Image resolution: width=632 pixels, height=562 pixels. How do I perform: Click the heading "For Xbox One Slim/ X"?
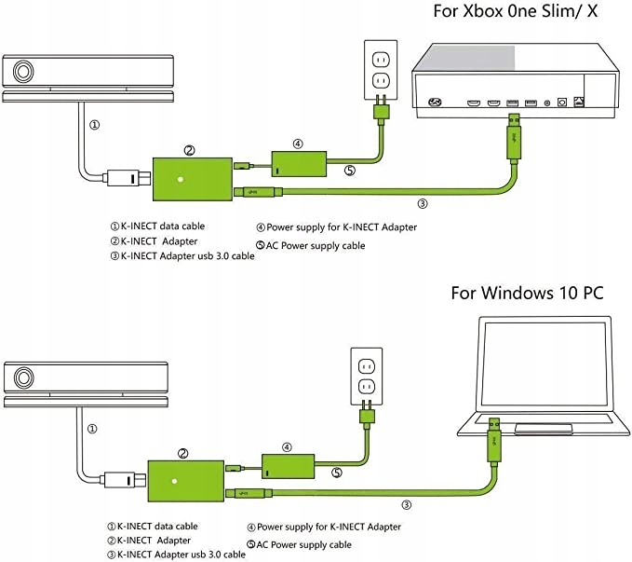515,11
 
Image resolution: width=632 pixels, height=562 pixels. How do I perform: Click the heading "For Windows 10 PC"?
527,293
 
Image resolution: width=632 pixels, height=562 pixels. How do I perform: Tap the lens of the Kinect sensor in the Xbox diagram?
23,72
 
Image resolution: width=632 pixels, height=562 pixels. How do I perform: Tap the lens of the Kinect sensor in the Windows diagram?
24,377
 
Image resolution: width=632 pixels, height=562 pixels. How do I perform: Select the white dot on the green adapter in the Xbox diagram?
181,179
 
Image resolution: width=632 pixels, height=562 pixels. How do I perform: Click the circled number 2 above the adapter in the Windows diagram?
183,453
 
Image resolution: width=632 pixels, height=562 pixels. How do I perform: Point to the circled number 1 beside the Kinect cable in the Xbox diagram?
94,125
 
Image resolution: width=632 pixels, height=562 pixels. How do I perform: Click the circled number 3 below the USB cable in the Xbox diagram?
422,203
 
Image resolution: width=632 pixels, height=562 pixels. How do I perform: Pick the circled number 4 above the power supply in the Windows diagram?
287,447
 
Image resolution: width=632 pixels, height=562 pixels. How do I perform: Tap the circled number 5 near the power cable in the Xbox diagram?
349,171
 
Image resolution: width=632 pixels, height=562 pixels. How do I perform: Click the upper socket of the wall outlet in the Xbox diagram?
381,61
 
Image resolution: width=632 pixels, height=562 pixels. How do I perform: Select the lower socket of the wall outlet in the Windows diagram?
367,387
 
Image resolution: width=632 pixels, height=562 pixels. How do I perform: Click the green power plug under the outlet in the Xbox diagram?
381,110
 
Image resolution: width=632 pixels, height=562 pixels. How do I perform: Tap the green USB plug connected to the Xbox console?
514,138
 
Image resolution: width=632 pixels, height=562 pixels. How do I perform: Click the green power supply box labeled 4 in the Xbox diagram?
299,163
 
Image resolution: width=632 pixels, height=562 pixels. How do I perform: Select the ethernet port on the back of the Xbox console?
578,102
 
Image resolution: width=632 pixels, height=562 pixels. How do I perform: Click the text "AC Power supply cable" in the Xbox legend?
316,245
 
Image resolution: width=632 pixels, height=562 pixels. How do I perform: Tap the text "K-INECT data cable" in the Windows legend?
157,526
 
